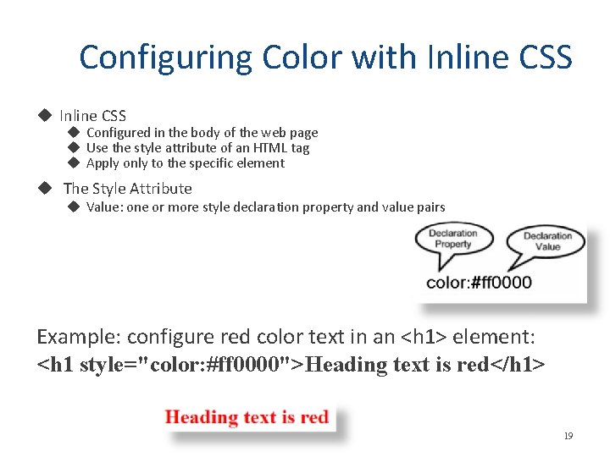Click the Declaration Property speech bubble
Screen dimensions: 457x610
click(x=452, y=240)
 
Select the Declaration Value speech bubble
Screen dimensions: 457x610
click(x=547, y=241)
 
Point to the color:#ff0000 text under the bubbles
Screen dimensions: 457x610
click(x=479, y=283)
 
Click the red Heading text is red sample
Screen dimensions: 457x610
click(x=247, y=417)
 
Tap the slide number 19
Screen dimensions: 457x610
click(x=568, y=436)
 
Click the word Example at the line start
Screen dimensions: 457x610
click(x=78, y=337)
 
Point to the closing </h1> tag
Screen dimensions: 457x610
click(x=523, y=366)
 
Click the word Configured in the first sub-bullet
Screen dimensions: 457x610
click(x=118, y=133)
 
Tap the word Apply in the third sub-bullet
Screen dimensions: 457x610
click(x=103, y=163)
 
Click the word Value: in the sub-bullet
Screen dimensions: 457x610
click(x=104, y=207)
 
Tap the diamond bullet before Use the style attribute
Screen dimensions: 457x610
click(x=73, y=148)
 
